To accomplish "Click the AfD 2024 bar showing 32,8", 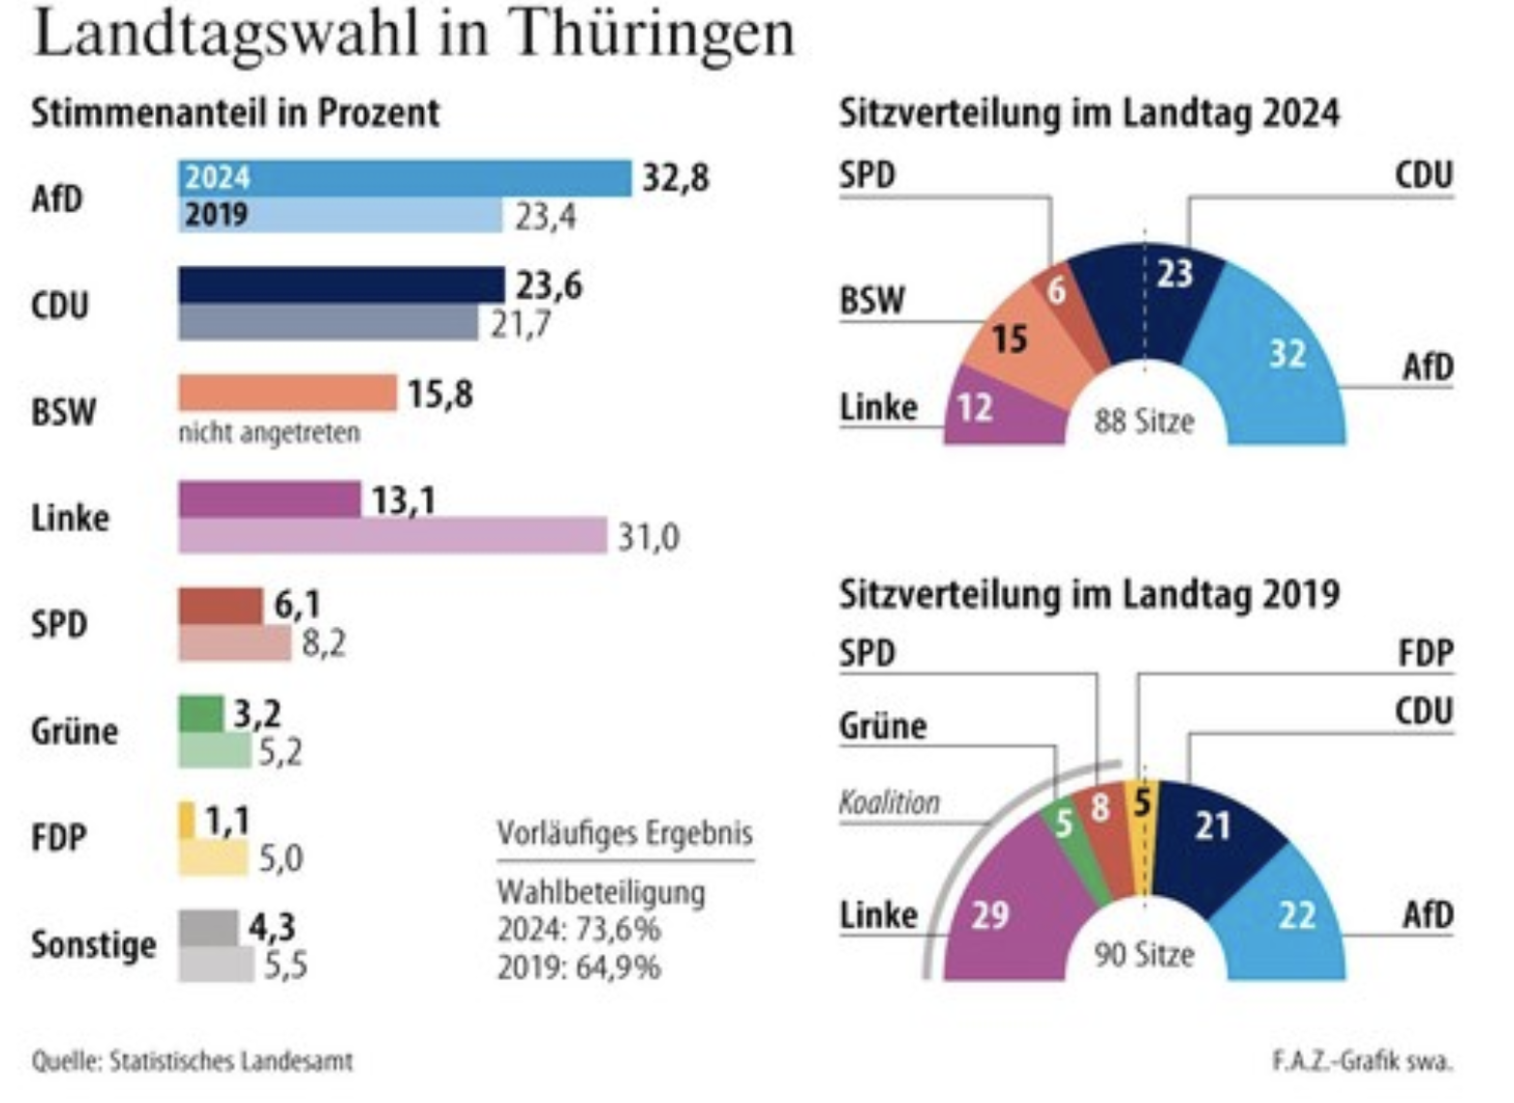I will pos(405,178).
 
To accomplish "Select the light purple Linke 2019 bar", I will pos(392,536).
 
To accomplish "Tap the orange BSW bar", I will pos(288,393).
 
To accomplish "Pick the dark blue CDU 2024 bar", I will pos(341,285).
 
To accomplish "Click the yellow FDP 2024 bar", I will pos(187,820).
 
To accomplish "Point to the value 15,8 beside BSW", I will pos(440,395).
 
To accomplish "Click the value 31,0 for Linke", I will pos(649,537).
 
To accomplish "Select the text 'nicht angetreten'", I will pos(269,432).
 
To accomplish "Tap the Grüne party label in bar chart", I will pos(75,731).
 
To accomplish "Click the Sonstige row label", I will pos(93,944).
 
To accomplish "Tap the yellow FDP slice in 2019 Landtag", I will pos(1142,813).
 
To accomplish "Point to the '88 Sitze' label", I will pos(1144,422).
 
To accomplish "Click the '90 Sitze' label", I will pos(1144,956).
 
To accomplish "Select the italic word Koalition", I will pos(889,803).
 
